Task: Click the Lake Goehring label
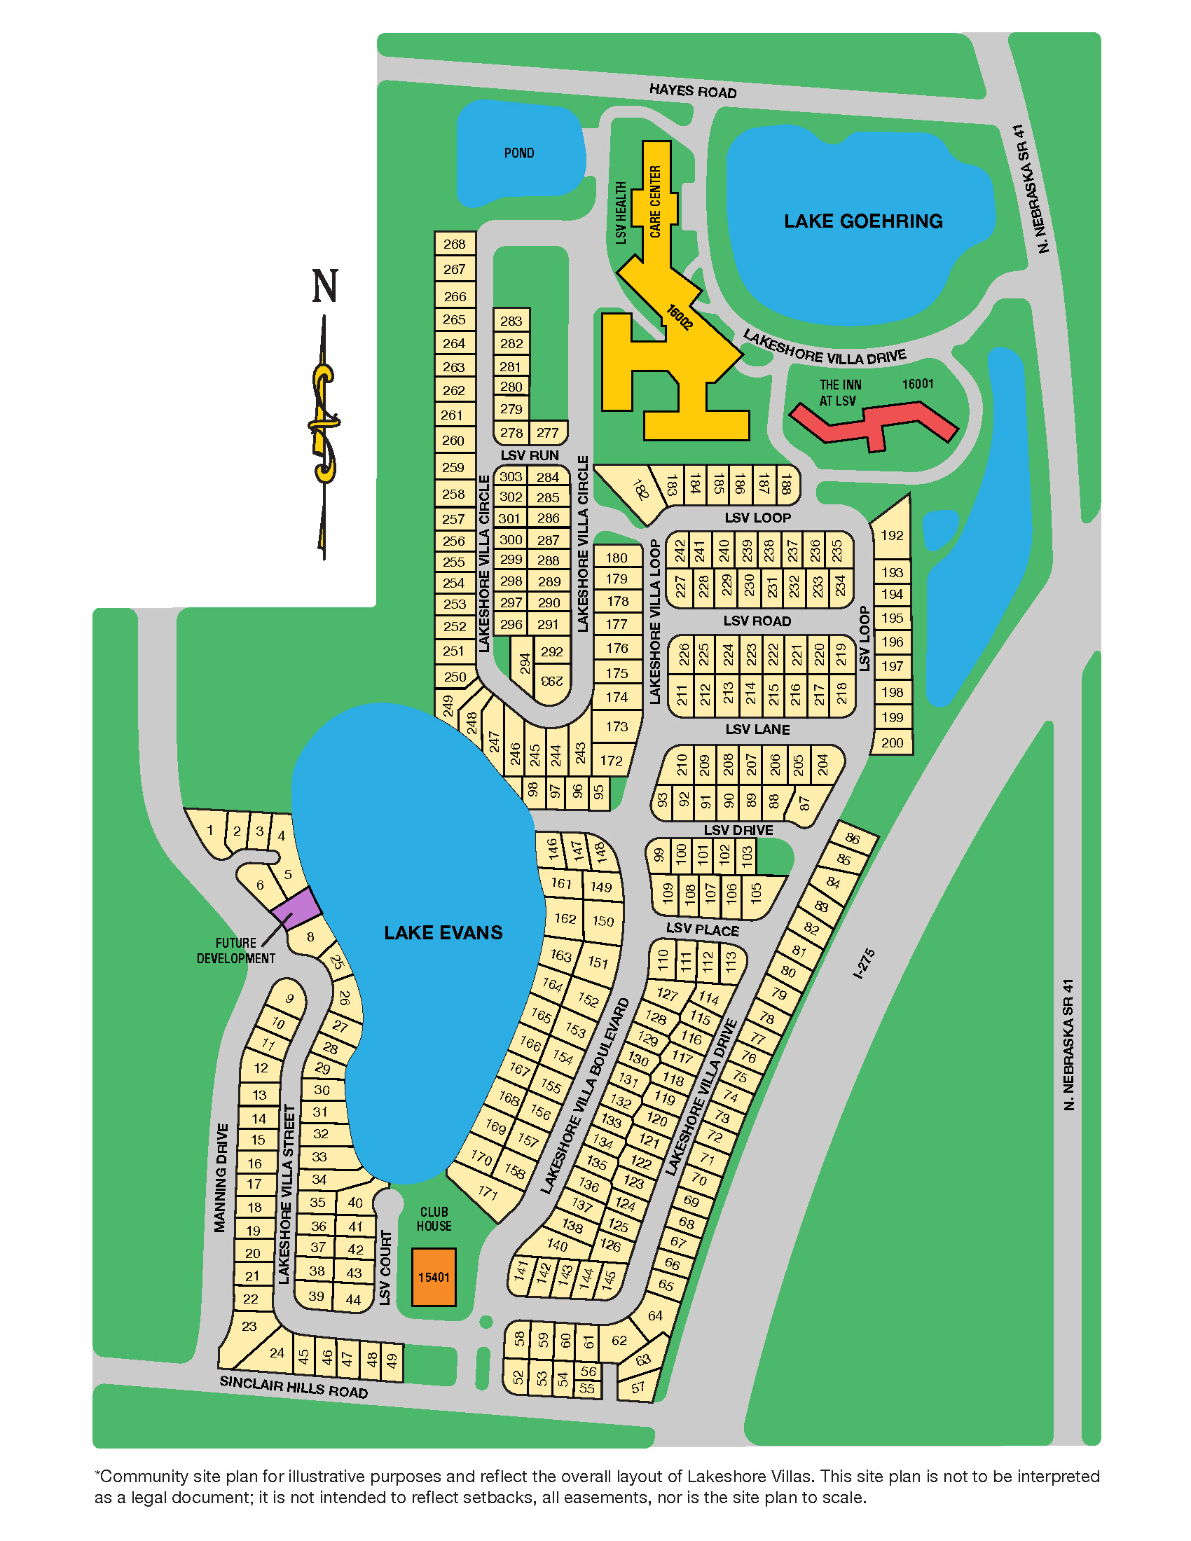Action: (863, 221)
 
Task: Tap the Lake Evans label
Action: (443, 933)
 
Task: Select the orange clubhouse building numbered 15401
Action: (433, 1277)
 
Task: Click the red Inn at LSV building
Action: (874, 423)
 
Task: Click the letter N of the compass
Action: (325, 286)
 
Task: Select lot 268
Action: (455, 244)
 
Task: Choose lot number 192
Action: (892, 535)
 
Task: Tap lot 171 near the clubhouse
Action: (488, 1192)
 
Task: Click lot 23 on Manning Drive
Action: (249, 1327)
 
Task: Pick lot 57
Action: (638, 1387)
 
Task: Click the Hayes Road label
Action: (692, 91)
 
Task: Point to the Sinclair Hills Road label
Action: (294, 1386)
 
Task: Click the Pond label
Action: (518, 153)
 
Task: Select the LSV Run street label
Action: (529, 455)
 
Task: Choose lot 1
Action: (209, 831)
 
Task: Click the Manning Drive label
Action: (221, 1178)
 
